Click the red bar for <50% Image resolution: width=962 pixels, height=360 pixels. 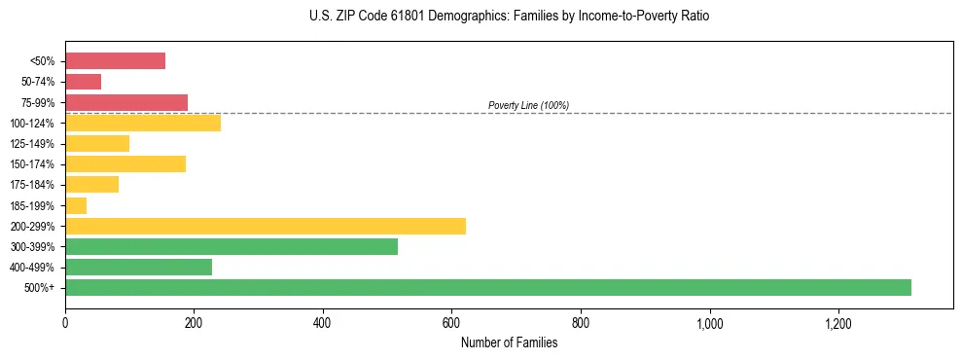tap(115, 61)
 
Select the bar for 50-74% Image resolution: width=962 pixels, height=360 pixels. tap(83, 82)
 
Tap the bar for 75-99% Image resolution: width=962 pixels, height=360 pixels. tap(126, 102)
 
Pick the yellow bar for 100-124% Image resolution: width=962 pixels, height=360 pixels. tap(143, 123)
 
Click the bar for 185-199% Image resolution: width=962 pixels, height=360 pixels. tap(76, 205)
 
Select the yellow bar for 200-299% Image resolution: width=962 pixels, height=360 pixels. tap(266, 226)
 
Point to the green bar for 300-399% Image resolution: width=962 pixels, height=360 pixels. tap(232, 246)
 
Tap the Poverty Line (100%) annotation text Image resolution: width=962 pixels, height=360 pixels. tap(528, 105)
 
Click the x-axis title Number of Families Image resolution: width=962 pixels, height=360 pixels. tap(509, 342)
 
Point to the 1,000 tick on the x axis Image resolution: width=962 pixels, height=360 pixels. tap(709, 323)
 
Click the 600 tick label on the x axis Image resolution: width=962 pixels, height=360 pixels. tap(451, 323)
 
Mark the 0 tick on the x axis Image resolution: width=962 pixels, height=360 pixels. tap(65, 323)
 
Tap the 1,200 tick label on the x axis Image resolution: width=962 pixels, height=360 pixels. tap(837, 323)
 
